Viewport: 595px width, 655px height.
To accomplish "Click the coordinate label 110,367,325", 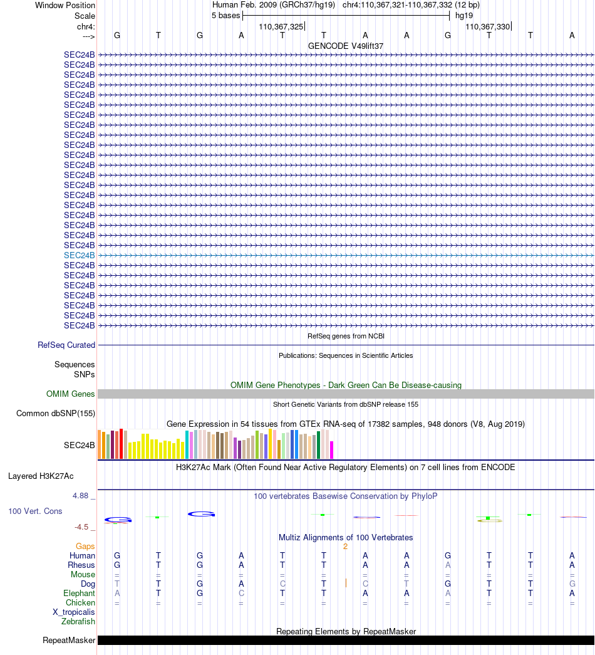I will tap(281, 26).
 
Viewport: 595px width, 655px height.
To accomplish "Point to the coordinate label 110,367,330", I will tap(488, 26).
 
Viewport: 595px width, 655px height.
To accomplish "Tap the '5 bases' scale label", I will tap(225, 15).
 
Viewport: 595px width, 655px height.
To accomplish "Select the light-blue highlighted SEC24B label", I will tap(80, 255).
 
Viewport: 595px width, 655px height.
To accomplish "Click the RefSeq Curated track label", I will tap(66, 345).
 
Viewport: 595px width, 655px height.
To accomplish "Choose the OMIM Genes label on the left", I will tap(71, 394).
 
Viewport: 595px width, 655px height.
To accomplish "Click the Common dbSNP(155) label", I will tap(56, 413).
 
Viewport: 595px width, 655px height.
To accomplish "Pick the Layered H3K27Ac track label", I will tap(51, 476).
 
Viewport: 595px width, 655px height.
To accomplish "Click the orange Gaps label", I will tap(86, 547).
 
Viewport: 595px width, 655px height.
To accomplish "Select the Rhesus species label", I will tap(81, 565).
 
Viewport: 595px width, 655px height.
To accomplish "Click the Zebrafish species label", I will tap(78, 621).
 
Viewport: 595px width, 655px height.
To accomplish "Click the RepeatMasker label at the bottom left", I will tap(69, 640).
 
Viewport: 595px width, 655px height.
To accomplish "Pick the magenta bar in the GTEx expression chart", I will tap(332, 449).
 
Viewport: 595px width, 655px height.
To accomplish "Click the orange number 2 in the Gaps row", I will tap(345, 547).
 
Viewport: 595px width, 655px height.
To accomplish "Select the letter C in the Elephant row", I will tap(241, 593).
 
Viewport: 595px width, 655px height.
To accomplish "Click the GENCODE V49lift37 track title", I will tap(346, 46).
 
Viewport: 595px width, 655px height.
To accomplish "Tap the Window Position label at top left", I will tap(65, 5).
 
